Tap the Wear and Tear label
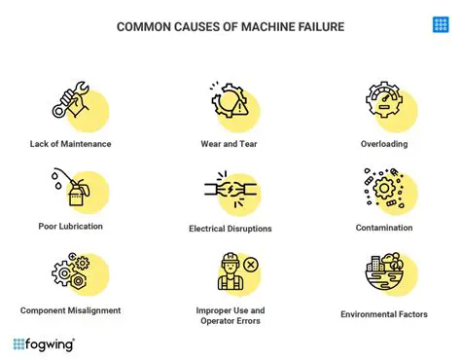[230, 144]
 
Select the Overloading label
[385, 144]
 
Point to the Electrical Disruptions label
[230, 229]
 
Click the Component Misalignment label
[70, 310]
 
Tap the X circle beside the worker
[251, 264]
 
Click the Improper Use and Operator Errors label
[230, 316]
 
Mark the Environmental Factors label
[385, 314]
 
